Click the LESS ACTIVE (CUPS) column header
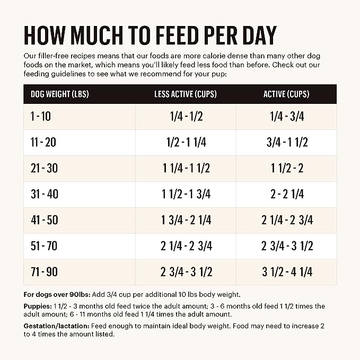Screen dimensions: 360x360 186,94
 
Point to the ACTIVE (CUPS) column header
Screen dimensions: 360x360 286,94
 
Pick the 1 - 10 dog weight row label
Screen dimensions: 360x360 41,117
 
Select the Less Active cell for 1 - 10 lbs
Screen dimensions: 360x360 186,117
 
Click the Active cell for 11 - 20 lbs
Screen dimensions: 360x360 286,143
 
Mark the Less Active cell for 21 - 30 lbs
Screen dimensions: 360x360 186,169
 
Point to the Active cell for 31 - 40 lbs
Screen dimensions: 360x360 286,195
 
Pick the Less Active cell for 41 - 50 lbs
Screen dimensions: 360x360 186,221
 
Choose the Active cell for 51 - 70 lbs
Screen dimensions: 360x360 286,247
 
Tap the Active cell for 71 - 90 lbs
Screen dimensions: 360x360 286,272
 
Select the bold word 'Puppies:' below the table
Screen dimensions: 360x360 37,306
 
